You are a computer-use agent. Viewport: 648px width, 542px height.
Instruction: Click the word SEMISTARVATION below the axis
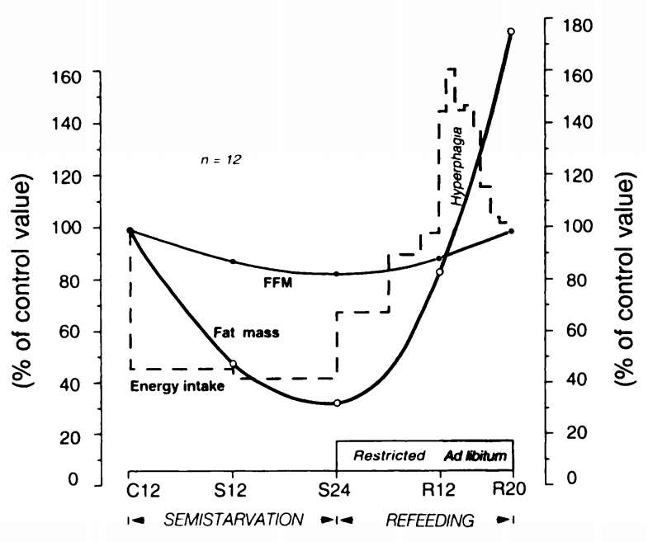click(x=233, y=521)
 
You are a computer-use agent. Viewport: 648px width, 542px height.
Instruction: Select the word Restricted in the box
click(x=389, y=455)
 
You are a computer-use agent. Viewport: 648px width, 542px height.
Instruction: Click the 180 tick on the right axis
click(x=575, y=24)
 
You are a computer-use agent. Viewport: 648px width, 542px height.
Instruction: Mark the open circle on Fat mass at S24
click(x=337, y=403)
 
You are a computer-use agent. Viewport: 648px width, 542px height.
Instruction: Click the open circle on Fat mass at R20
click(x=511, y=31)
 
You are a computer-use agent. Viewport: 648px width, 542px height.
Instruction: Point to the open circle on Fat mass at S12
click(x=233, y=364)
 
